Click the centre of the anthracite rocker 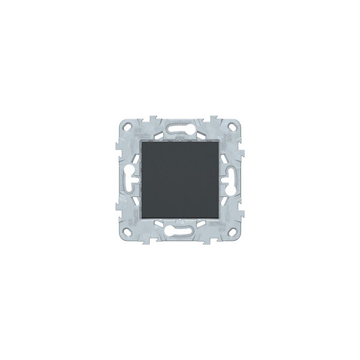[x=180, y=180]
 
